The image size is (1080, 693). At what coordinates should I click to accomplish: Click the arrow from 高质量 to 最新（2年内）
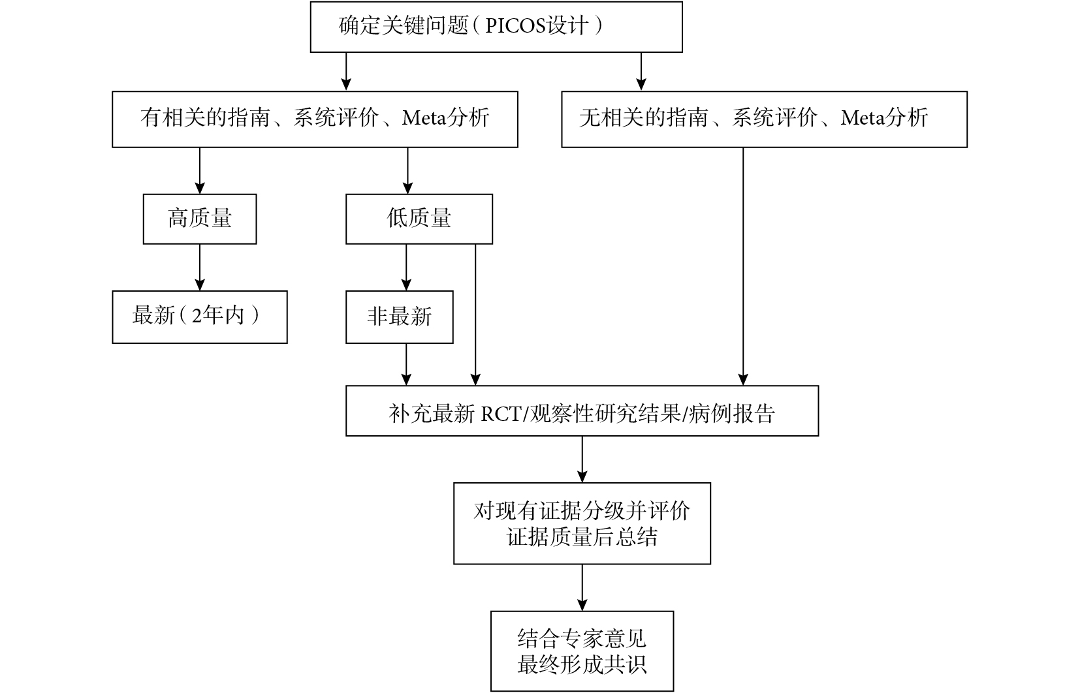coord(200,268)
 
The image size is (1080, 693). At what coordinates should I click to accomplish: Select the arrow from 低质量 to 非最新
coord(406,268)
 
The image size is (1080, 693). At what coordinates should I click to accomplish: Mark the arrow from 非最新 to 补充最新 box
coord(406,364)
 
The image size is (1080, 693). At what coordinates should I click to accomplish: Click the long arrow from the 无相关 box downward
coord(743,266)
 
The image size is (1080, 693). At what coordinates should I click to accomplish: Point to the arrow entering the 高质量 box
coord(200,170)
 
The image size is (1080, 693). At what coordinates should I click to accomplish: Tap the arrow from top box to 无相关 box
coord(641,71)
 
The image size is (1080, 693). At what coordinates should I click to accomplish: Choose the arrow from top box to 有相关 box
coord(345,71)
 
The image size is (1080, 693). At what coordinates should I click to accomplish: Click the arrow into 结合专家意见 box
coord(582,587)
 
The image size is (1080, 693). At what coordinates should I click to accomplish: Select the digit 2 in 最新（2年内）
coord(197,316)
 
